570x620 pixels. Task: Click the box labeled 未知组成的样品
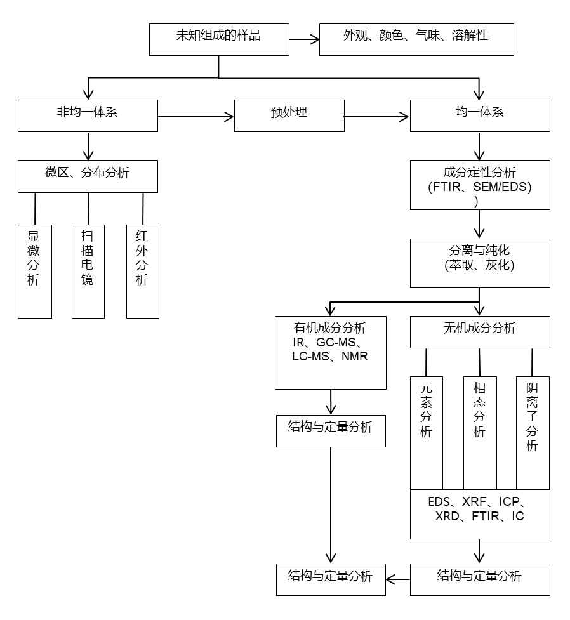219,39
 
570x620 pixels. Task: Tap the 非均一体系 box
88,115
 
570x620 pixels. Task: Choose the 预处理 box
289,115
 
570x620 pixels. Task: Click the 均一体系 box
480,115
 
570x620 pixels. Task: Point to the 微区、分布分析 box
88,176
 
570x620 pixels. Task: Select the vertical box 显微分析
34,271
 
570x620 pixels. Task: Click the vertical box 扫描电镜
88,271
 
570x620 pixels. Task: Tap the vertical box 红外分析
142,271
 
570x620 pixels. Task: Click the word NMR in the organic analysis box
354,357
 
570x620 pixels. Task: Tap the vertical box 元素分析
427,433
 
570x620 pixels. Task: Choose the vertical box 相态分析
480,433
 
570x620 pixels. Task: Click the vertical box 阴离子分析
533,433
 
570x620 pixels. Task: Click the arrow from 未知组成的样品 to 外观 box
304,39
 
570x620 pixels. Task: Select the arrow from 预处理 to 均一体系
377,116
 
